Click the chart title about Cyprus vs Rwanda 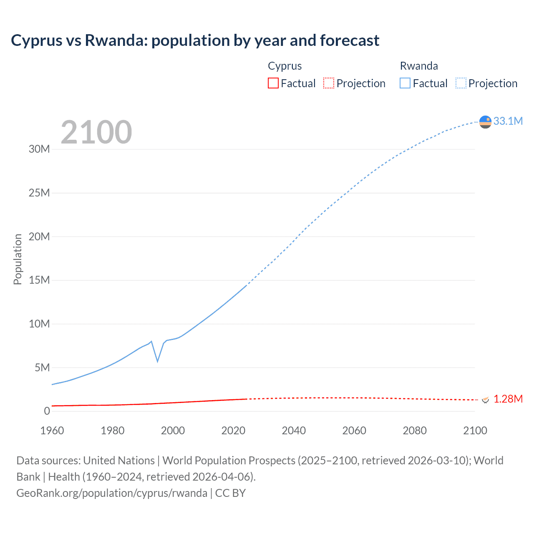tap(195, 40)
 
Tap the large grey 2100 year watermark tap(96, 132)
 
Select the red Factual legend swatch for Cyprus tap(273, 83)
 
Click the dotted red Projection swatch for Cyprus tap(329, 83)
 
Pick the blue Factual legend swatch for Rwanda tap(405, 83)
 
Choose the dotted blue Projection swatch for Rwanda tap(461, 83)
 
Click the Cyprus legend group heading tap(285, 66)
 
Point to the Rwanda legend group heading tap(419, 66)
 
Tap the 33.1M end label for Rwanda tap(508, 121)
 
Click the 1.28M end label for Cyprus tap(508, 399)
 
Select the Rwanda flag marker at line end tap(485, 122)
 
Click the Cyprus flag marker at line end tap(485, 400)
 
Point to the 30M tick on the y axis tap(39, 149)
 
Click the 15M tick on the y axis tap(39, 280)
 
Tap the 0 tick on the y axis tap(47, 411)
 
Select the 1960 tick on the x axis tap(52, 431)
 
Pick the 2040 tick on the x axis tap(294, 431)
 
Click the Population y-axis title tap(18, 259)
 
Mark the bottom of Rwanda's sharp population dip tap(157, 361)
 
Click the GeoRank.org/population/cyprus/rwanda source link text tap(112, 493)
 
